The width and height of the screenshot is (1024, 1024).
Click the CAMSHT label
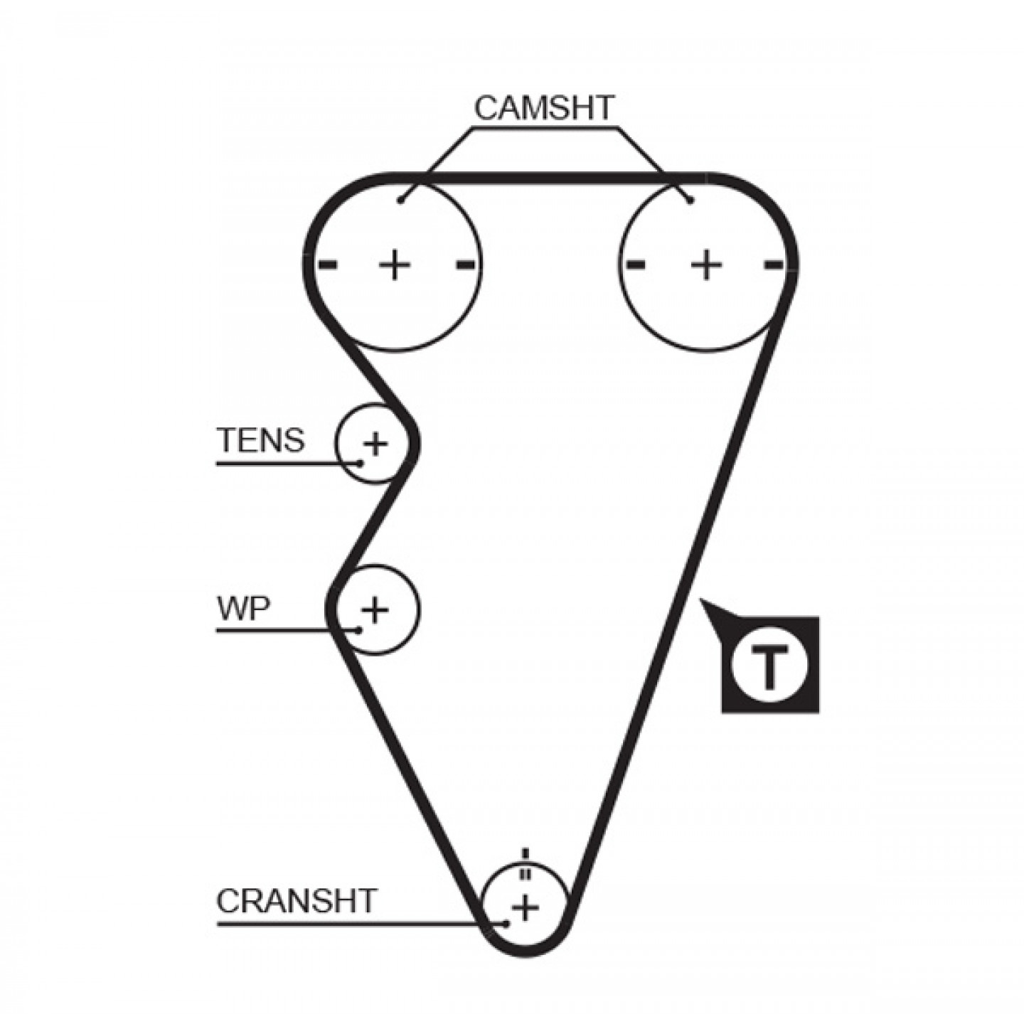point(543,108)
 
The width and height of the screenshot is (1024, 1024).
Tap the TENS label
point(261,439)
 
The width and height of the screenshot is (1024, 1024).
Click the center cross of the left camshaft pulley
point(394,264)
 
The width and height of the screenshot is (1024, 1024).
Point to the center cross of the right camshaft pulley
point(705,264)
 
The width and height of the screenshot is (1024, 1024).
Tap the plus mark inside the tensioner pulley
point(375,443)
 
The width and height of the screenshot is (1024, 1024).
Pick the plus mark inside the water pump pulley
point(375,609)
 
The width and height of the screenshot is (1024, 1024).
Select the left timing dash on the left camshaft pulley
point(327,264)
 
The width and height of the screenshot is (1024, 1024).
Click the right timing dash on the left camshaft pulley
point(466,264)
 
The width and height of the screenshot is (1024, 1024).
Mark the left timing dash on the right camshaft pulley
point(636,264)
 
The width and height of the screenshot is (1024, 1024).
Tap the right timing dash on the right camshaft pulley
point(773,264)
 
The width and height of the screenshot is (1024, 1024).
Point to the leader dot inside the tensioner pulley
point(361,463)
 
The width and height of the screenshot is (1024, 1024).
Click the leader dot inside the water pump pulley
point(358,630)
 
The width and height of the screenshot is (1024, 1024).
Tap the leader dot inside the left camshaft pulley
point(400,201)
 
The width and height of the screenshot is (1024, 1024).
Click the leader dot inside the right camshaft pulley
point(690,201)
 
